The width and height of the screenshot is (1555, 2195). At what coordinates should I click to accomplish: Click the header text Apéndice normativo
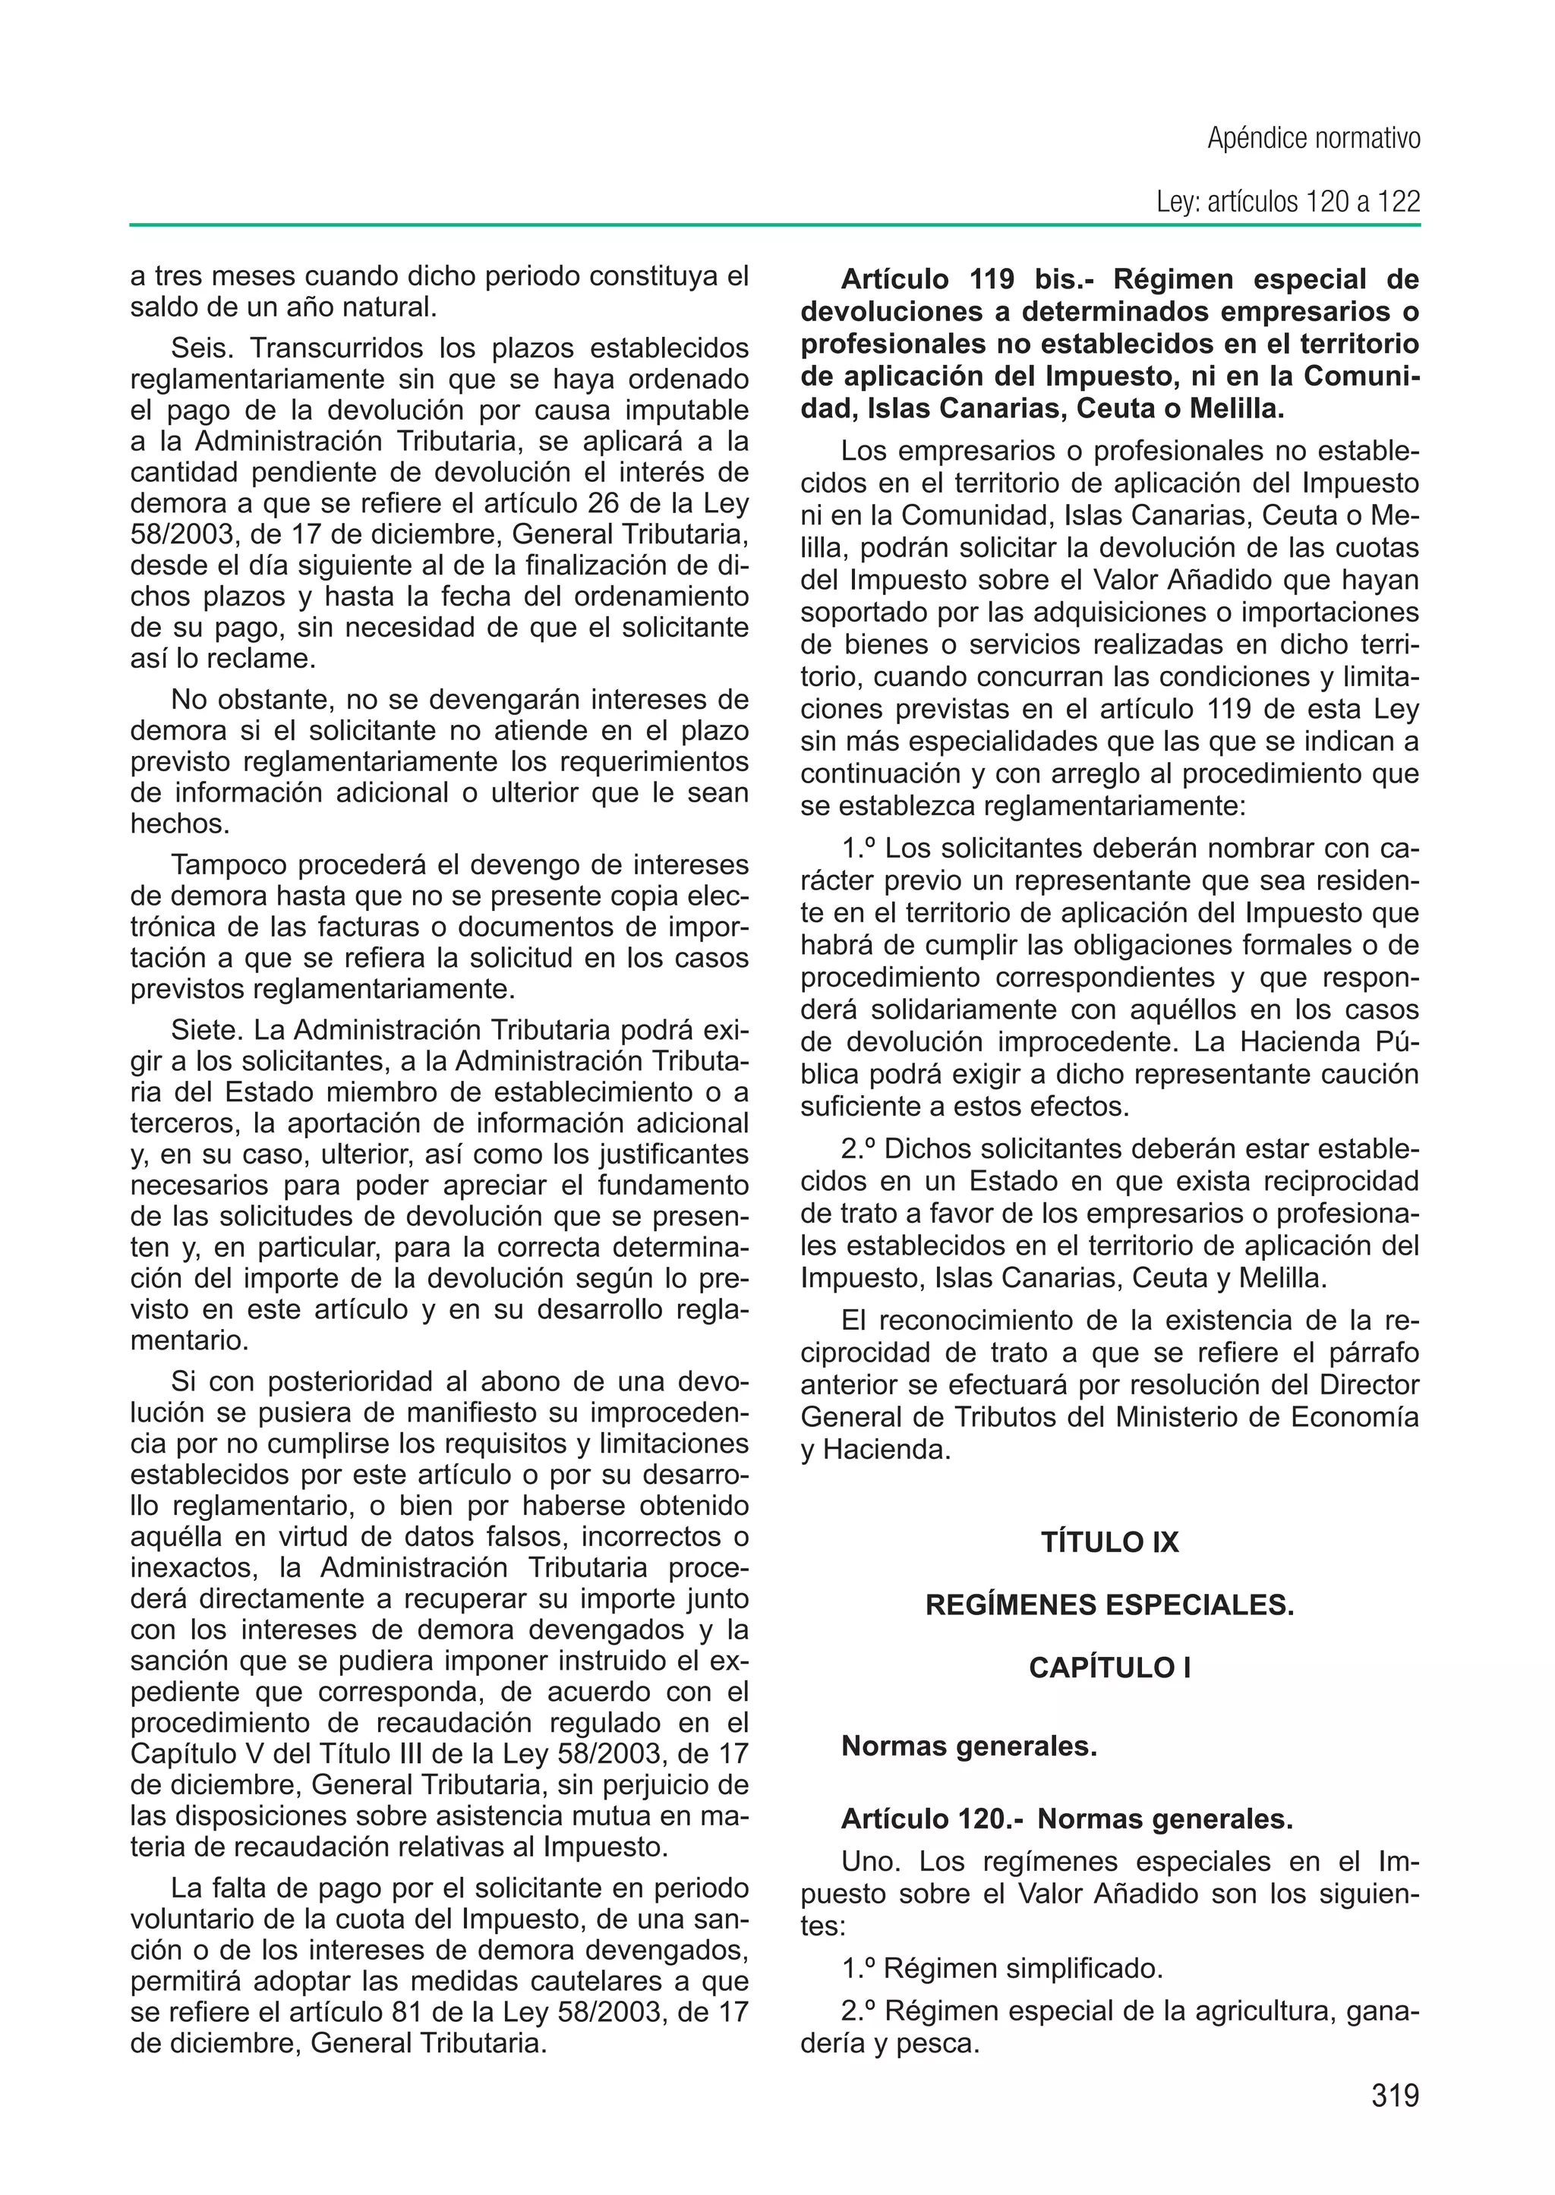(x=1313, y=139)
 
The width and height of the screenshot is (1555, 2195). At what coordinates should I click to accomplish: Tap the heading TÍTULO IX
(x=1110, y=1542)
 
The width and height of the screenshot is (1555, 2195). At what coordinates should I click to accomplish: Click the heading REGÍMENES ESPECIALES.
(x=1110, y=1605)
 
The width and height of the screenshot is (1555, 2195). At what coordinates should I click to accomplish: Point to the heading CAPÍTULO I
(x=1110, y=1668)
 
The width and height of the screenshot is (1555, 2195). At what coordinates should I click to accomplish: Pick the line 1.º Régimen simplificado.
(x=1001, y=1969)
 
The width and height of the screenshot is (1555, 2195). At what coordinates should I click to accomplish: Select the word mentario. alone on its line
(x=190, y=1340)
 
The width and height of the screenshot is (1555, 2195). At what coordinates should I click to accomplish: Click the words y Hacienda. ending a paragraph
(x=876, y=1450)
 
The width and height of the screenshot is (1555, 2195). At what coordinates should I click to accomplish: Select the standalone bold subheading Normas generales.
(x=968, y=1747)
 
